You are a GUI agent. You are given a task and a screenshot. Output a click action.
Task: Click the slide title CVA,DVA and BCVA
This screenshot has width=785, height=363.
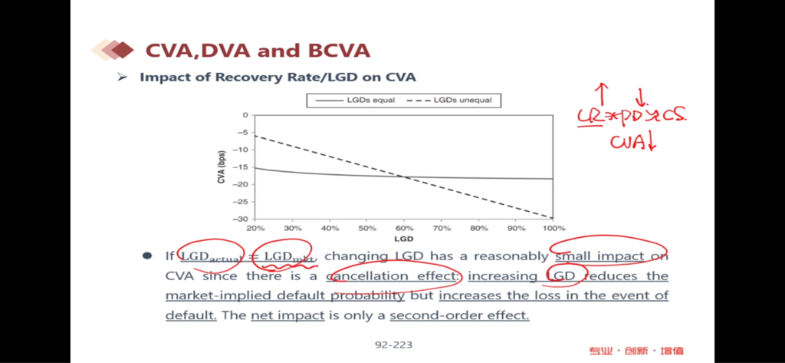257,51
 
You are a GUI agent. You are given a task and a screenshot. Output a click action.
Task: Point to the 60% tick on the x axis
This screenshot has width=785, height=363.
403,228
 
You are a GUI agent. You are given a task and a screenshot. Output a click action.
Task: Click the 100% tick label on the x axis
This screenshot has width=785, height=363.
553,228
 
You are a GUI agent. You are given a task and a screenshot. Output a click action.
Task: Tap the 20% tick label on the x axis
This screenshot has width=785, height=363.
255,228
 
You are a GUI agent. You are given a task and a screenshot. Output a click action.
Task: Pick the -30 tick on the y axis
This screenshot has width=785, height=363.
244,219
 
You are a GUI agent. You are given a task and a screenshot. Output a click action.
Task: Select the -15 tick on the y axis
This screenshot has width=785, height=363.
244,167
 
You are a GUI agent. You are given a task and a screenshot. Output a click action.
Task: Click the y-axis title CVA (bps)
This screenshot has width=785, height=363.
222,167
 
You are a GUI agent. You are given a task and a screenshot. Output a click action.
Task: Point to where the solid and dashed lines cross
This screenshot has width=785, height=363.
403,177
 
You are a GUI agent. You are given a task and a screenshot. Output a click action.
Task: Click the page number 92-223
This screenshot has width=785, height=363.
393,345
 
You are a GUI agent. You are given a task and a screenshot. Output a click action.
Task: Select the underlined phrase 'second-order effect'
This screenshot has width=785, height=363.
459,315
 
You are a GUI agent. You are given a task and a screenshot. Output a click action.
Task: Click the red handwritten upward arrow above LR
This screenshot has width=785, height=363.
602,94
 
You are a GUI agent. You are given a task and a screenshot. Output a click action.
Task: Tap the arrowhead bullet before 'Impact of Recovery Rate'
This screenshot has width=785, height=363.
122,78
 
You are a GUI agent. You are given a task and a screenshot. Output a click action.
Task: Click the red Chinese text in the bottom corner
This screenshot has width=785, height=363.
636,350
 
